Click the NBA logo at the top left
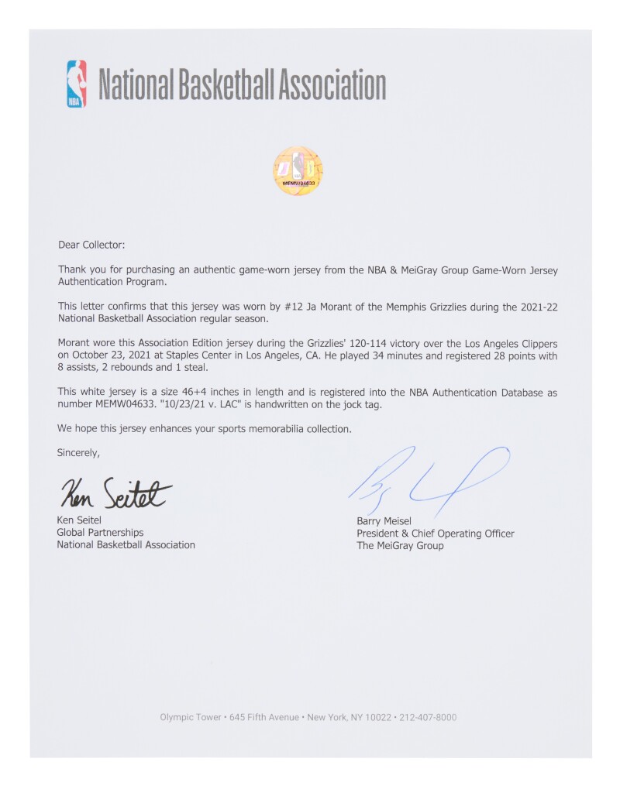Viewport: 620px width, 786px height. (76, 84)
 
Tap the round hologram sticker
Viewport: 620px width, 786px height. (298, 171)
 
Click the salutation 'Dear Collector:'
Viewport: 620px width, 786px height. (91, 245)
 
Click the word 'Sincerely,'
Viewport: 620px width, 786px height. (78, 452)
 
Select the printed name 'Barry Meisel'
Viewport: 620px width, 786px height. (385, 521)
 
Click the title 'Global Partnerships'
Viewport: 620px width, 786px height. (100, 533)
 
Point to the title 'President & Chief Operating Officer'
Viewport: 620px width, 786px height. (435, 534)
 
